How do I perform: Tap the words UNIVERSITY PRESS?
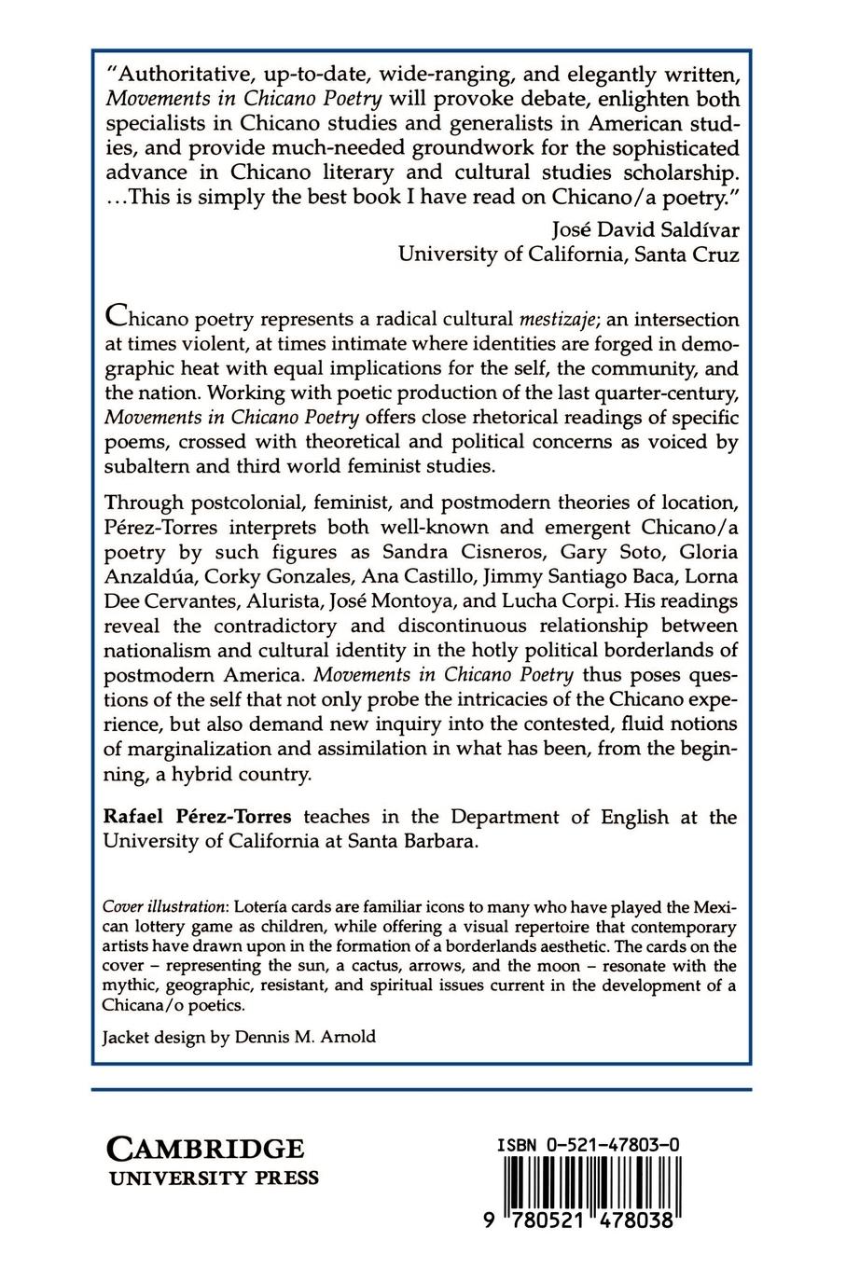(215, 1178)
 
